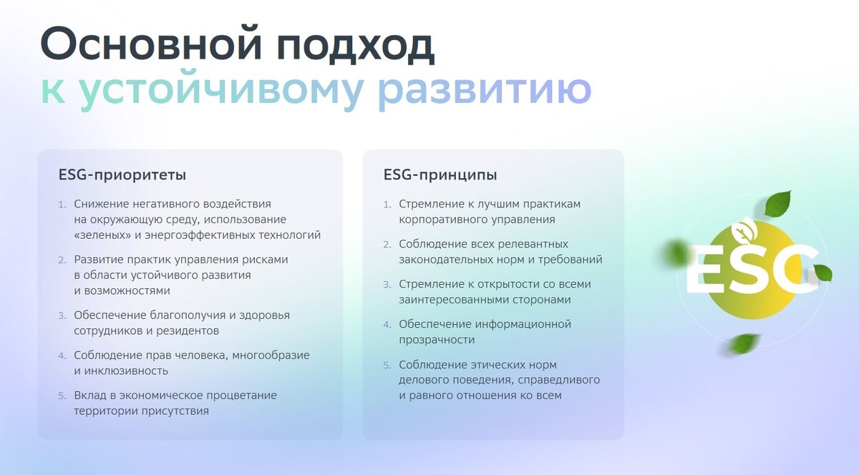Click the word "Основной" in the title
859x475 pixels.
pyautogui.click(x=151, y=44)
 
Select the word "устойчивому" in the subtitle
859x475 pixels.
pyautogui.click(x=221, y=90)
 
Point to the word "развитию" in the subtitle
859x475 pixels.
pyautogui.click(x=485, y=90)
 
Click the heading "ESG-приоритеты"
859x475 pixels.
pyautogui.click(x=122, y=175)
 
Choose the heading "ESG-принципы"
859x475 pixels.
pyautogui.click(x=440, y=175)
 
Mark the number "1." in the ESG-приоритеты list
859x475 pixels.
pyautogui.click(x=62, y=205)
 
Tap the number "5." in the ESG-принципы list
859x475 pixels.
pyautogui.click(x=387, y=366)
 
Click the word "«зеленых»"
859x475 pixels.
pyautogui.click(x=102, y=235)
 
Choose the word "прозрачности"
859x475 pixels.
pyautogui.click(x=437, y=340)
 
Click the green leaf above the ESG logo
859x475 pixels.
pyautogui.click(x=777, y=204)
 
